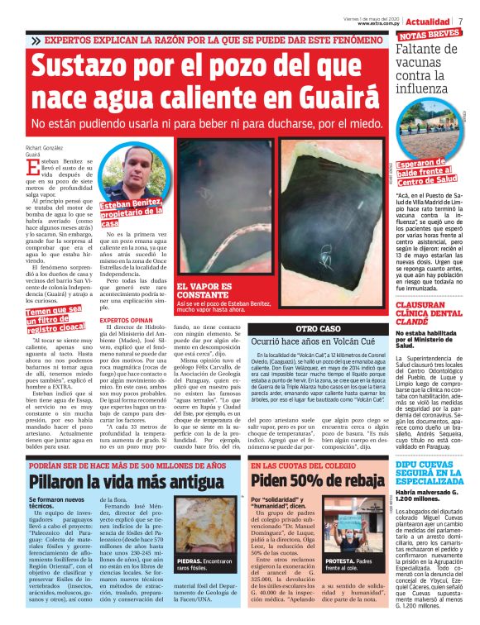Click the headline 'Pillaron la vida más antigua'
coord(120,481)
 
